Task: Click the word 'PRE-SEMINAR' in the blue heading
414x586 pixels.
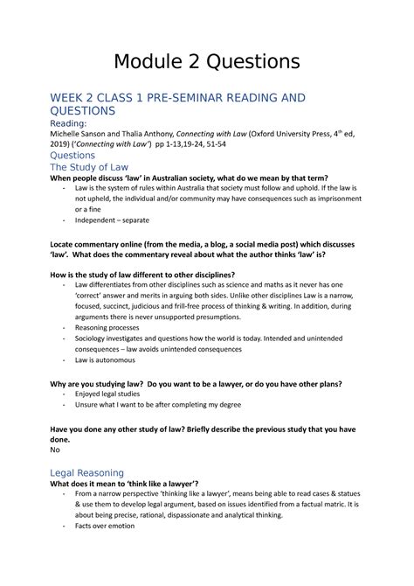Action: pos(197,98)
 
